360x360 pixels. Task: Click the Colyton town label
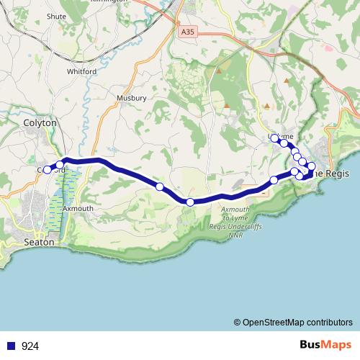[x=40, y=123]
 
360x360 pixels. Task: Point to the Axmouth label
[x=78, y=207]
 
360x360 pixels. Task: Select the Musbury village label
[x=132, y=97]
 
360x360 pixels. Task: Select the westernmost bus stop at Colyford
[x=48, y=170]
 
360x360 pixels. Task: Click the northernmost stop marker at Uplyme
[x=274, y=138]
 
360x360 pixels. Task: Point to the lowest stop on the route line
[x=190, y=202]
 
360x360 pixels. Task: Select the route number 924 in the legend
[x=30, y=346]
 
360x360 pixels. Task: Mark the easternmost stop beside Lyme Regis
[x=312, y=167]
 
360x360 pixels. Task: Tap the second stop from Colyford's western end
[x=60, y=165]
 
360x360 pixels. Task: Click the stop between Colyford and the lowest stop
[x=160, y=187]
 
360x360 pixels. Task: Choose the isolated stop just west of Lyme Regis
[x=274, y=180]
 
